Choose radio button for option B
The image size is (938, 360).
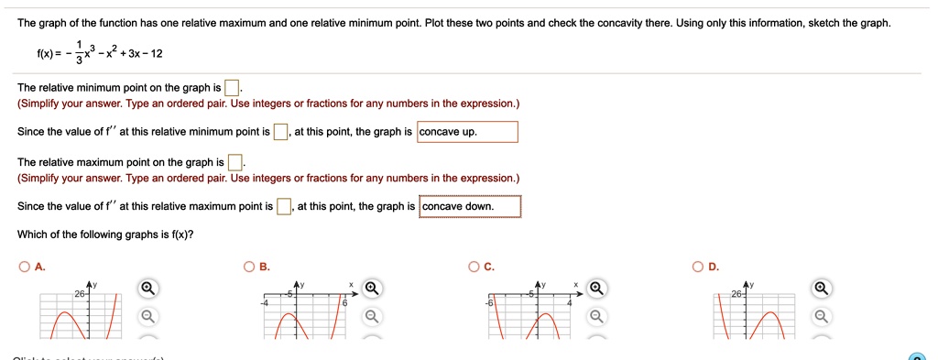pos(249,267)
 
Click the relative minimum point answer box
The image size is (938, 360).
pos(233,88)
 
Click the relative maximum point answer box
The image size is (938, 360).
pos(235,163)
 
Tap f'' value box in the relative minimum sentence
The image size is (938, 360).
pos(281,132)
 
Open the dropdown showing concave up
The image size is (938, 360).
pos(467,132)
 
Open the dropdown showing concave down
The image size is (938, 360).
pos(470,206)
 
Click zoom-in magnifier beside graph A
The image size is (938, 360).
pos(147,289)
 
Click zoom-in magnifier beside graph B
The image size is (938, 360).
pos(371,289)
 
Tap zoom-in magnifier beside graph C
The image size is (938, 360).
pos(596,289)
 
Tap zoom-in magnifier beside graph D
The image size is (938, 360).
pos(822,289)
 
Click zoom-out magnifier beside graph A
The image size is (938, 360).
pos(147,317)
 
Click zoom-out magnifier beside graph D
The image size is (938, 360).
pos(822,317)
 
